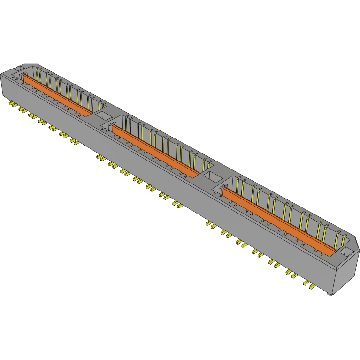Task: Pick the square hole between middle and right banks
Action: point(212,177)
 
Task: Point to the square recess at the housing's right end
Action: point(346,253)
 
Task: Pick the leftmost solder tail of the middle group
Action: point(100,157)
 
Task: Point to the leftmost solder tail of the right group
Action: point(208,223)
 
